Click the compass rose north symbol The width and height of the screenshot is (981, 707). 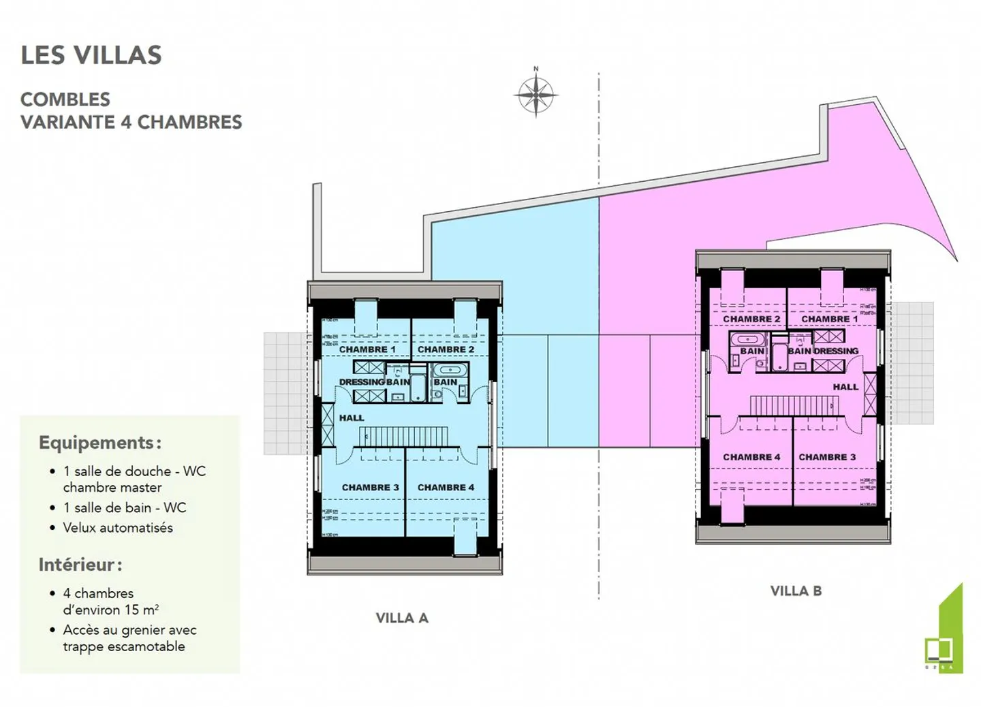pos(536,94)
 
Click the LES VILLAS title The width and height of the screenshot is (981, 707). pos(91,55)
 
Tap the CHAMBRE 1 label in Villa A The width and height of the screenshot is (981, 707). pos(367,349)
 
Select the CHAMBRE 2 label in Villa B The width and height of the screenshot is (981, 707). pos(751,319)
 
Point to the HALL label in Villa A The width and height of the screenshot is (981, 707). pos(352,418)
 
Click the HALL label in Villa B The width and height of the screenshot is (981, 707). pos(845,387)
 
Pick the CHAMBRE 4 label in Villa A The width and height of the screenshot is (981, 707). pos(446,488)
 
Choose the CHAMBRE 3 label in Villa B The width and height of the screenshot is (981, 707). pos(827,457)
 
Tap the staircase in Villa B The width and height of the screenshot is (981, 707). pos(794,405)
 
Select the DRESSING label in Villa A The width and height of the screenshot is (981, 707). pos(362,382)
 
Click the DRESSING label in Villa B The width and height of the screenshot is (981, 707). pos(836,351)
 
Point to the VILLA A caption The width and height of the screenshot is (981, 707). pos(402,618)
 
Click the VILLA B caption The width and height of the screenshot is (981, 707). pos(796,591)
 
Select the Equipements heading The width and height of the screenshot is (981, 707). pos(99,443)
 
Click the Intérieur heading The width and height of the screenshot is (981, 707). pos(80,565)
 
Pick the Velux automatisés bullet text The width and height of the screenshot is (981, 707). pos(118,528)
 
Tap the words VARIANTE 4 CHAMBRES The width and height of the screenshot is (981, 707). pos(131,122)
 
